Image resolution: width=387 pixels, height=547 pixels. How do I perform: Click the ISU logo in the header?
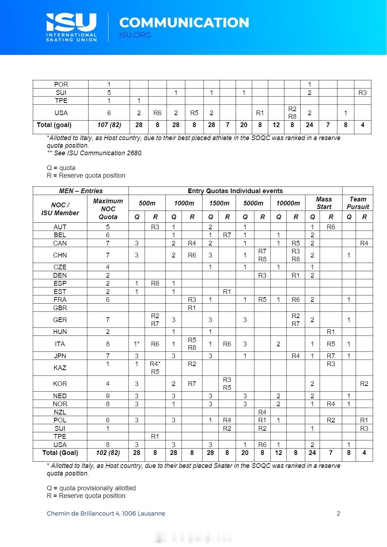[71, 27]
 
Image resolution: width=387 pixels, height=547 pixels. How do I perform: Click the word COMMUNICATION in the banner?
[184, 22]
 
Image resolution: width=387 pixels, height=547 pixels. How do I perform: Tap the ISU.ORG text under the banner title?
[135, 35]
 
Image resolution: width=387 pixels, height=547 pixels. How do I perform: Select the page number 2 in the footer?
[338, 513]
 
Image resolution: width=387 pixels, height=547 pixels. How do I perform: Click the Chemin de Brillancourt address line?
[106, 513]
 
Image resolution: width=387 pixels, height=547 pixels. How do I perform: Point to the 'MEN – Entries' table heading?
[81, 191]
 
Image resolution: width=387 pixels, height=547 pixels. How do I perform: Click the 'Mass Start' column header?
[324, 203]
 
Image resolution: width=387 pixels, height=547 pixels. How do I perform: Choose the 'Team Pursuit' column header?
[358, 203]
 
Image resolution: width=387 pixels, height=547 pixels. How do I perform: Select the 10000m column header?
[288, 203]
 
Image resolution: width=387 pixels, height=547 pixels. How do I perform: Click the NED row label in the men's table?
[60, 396]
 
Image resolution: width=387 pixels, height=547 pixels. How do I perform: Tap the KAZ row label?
[60, 368]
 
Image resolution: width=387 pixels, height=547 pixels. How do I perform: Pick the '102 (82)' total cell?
[108, 453]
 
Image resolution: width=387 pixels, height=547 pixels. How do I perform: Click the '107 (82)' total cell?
[109, 125]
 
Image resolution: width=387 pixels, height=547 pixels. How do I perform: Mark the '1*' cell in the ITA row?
[137, 344]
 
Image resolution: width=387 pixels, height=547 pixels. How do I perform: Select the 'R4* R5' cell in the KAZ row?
[155, 368]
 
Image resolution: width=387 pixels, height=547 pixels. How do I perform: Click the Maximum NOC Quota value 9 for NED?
[108, 396]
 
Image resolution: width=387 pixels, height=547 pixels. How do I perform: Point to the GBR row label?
[60, 308]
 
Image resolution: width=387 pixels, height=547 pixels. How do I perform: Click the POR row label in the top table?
[61, 84]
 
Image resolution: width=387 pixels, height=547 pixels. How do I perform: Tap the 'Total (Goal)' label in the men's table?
[60, 453]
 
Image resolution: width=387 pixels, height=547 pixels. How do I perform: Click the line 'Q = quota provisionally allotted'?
[91, 488]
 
